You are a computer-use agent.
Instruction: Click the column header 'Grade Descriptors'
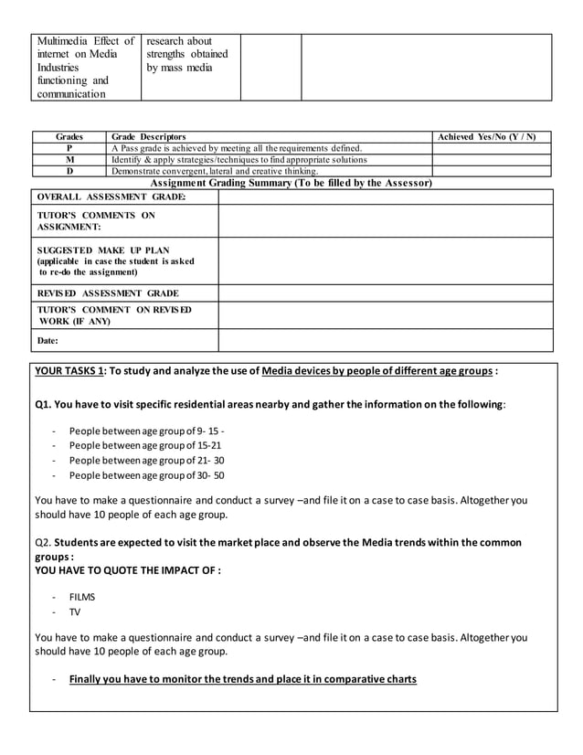click(x=148, y=136)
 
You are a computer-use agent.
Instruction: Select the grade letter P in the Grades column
click(x=69, y=148)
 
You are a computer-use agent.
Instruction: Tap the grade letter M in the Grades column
click(x=69, y=159)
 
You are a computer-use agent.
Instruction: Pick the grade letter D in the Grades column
click(x=69, y=171)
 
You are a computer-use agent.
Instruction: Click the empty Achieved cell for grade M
click(x=492, y=159)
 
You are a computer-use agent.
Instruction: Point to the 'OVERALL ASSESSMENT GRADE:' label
click(x=111, y=197)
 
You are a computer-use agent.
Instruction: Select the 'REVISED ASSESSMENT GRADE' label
click(x=108, y=293)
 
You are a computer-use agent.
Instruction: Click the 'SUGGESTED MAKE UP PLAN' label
click(x=102, y=250)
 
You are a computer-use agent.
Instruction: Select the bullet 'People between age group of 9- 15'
click(x=146, y=431)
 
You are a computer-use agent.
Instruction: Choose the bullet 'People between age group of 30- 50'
click(x=146, y=475)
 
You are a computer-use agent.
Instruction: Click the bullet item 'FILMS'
click(x=81, y=597)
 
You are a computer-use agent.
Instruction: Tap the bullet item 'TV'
click(x=75, y=611)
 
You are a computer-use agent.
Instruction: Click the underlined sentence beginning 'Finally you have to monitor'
click(x=242, y=679)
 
